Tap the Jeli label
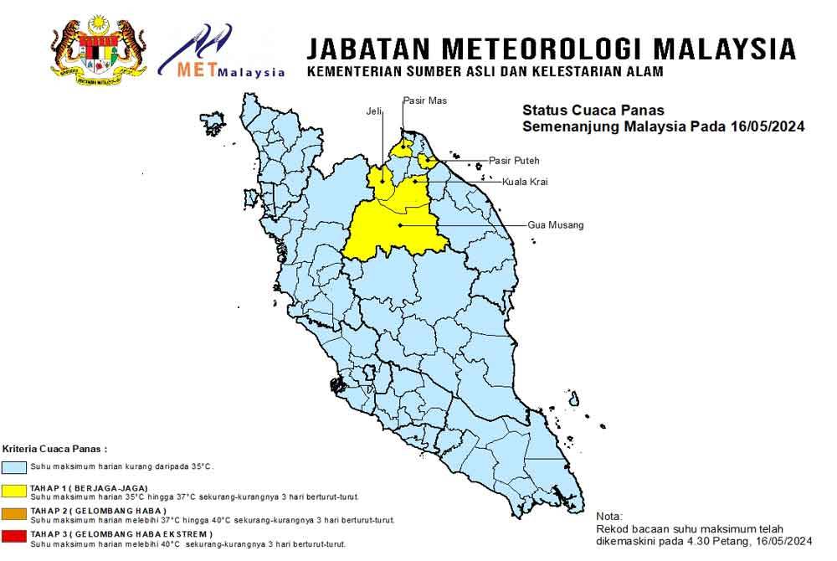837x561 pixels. point(374,111)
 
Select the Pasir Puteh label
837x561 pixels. point(514,160)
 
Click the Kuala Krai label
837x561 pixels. point(526,182)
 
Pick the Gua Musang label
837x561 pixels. point(556,225)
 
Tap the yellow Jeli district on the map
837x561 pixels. point(381,179)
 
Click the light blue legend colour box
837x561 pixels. point(15,466)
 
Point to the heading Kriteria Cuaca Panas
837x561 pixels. point(55,449)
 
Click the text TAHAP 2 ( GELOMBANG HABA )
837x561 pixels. point(98,511)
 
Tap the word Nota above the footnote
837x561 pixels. point(609,517)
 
